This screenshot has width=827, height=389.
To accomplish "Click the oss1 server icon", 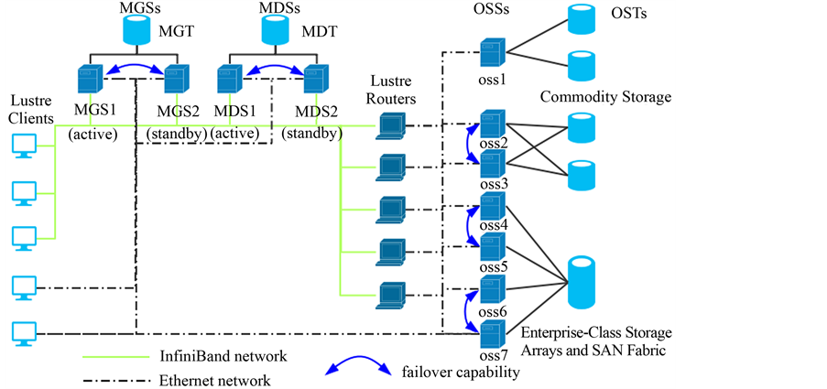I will pos(493,52).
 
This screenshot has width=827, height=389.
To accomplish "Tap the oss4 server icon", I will pos(493,205).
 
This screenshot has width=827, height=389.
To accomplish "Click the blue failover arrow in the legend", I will pos(359,370).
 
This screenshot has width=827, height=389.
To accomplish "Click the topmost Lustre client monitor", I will pos(24,145).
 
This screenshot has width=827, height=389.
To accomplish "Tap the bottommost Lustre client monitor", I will pos(24,332).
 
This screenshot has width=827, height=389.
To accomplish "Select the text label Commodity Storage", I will pos(605,97).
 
